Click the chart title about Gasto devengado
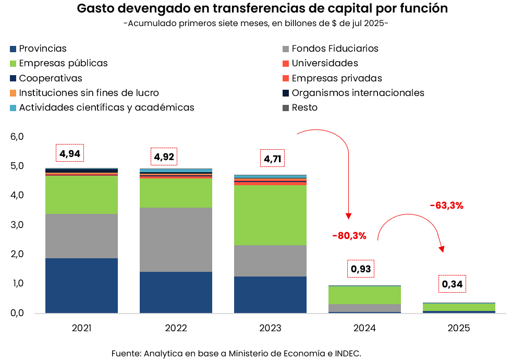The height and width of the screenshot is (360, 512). pos(262,9)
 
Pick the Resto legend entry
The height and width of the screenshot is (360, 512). pos(304,107)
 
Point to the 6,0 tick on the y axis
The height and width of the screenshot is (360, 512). pos(17,137)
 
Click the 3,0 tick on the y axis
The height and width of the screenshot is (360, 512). pos(17,225)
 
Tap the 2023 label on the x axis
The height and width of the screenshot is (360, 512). pos(270,328)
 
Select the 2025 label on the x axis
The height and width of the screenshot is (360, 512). pos(459,328)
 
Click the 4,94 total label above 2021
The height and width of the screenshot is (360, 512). pos(70,153)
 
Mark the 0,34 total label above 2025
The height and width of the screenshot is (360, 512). pos(452,284)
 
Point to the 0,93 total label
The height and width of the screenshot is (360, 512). pos(361,269)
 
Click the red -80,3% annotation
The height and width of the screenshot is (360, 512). pos(349,236)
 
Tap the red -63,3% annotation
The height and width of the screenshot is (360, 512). pos(446,206)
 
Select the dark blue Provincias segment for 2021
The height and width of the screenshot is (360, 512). pos(81,285)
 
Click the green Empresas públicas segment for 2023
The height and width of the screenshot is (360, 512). pos(270,215)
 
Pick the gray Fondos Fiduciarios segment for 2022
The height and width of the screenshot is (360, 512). pos(176,239)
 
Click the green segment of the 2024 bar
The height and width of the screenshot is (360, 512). pos(364,295)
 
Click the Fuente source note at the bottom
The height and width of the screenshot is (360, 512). pos(236,353)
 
